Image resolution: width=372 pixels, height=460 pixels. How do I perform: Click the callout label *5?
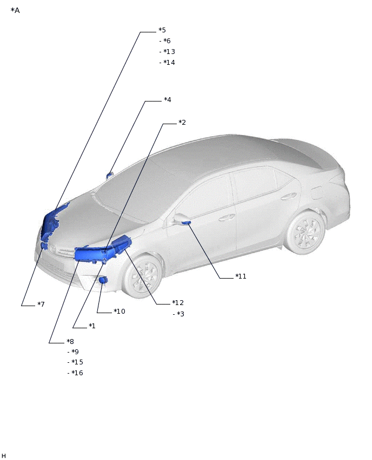pyautogui.click(x=162, y=30)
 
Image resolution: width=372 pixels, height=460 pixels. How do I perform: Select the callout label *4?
pyautogui.click(x=168, y=100)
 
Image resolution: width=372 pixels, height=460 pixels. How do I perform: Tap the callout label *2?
pyautogui.click(x=182, y=123)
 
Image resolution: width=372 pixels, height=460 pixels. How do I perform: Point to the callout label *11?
pyautogui.click(x=241, y=276)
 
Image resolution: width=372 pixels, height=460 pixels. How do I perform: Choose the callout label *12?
pyautogui.click(x=178, y=303)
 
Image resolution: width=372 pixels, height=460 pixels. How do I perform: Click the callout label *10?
pyautogui.click(x=119, y=312)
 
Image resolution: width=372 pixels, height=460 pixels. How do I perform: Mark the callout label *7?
pyautogui.click(x=41, y=304)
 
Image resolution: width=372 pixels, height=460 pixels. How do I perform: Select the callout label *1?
pyautogui.click(x=92, y=326)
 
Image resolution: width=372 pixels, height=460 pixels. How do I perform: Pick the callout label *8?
pyautogui.click(x=70, y=341)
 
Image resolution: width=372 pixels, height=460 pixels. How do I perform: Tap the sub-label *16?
pyautogui.click(x=77, y=373)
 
